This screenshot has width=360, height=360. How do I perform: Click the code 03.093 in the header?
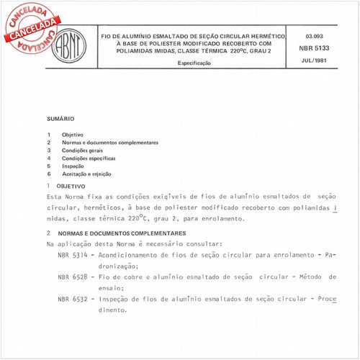tap(315, 35)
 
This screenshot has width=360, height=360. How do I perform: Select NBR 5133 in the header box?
tap(315, 47)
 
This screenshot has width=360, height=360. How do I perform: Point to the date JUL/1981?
tap(315, 60)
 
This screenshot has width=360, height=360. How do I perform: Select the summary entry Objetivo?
tap(72, 135)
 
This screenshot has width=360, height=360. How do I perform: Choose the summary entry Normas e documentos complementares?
tap(109, 143)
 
